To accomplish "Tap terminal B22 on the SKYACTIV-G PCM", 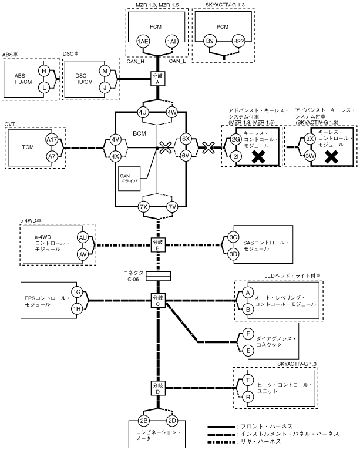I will (238, 42).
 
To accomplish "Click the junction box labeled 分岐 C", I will (157, 300).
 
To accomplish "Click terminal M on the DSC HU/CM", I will (105, 71).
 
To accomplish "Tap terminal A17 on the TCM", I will (52, 140).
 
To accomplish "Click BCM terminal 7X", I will (143, 207).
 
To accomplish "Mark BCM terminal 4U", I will (143, 112).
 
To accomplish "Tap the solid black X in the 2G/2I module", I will (255, 156).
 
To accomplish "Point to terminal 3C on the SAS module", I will (233, 237).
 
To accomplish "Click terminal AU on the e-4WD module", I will (82, 237).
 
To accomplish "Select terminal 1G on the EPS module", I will (76, 293).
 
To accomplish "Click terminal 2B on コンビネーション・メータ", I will (142, 421).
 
